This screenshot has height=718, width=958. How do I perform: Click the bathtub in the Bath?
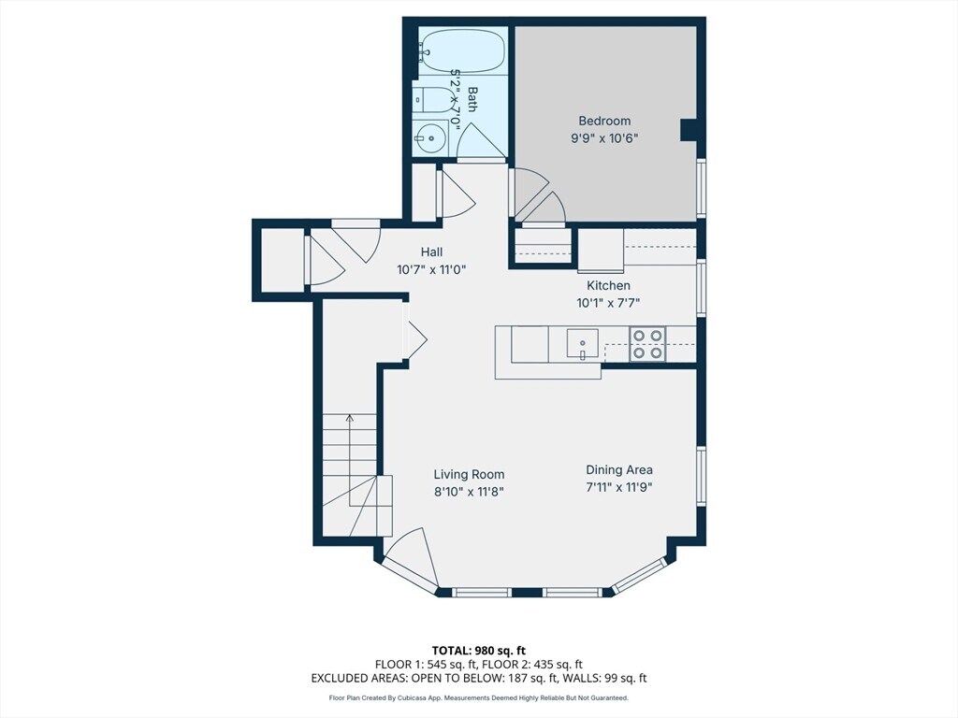pos(462,52)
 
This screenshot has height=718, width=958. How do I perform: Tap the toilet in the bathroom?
pos(430,99)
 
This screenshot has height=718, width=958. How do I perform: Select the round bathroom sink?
pos(430,138)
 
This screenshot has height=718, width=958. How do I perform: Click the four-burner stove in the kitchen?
pos(647,344)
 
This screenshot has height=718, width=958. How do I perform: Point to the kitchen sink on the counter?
pos(582,343)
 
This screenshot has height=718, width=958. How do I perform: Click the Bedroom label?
pos(604,121)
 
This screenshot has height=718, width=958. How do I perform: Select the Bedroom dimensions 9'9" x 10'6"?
pos(604,138)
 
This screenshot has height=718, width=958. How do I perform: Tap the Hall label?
pos(431,251)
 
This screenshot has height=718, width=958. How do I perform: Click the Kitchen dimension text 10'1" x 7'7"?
pos(608,303)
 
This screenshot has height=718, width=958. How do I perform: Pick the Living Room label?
pos(470,474)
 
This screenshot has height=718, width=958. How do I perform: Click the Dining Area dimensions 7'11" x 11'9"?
pos(619,487)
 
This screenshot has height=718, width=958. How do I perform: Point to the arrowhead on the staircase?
pos(350,418)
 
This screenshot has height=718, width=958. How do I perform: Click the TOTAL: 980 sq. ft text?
pos(478,651)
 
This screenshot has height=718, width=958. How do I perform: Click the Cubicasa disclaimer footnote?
pos(478,697)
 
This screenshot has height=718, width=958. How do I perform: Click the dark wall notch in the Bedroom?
pos(689,130)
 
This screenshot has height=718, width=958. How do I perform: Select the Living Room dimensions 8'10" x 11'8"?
pos(470,492)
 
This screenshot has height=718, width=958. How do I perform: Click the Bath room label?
pos(472,99)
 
